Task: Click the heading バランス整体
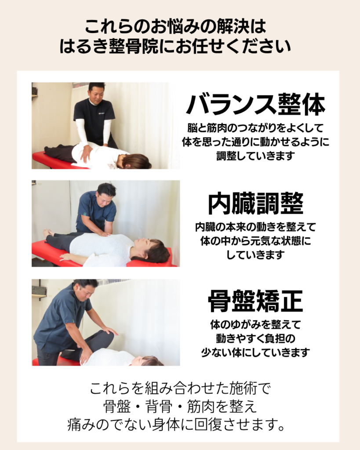[x=255, y=105]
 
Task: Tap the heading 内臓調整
[x=255, y=203]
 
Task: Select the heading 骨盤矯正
[x=255, y=301]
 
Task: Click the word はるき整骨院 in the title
[x=109, y=46]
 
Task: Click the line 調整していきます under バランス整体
[x=255, y=156]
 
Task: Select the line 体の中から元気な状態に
[x=255, y=241]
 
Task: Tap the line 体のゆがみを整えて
[x=255, y=325]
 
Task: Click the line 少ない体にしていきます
[x=255, y=352]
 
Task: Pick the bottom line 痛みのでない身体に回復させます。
[x=176, y=425]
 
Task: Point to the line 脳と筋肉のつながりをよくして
[x=255, y=128]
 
